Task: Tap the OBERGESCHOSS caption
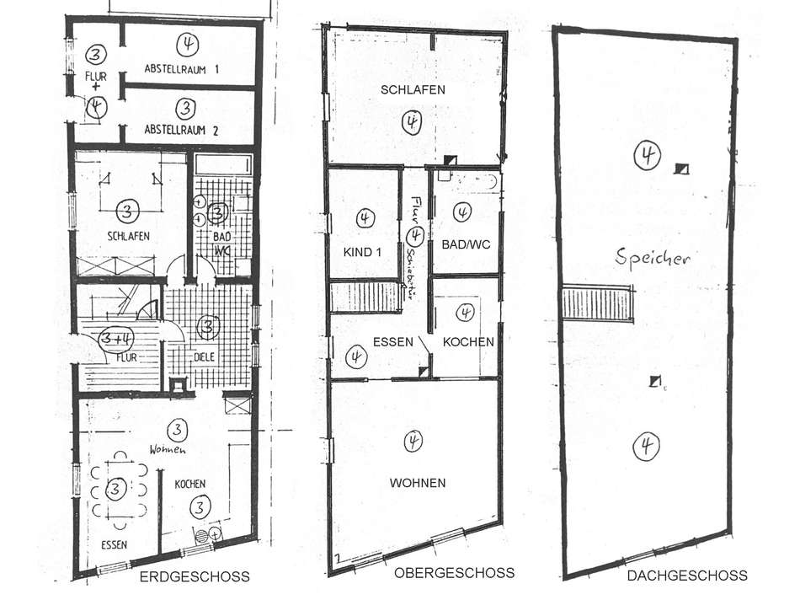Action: click(454, 573)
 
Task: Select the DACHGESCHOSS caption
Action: click(686, 576)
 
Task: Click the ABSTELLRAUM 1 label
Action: click(182, 69)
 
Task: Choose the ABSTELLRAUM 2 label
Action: click(182, 130)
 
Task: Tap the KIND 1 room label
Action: click(363, 252)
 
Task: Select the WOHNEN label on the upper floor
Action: click(417, 483)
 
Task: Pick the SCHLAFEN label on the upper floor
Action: click(413, 89)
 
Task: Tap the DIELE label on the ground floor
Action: click(205, 356)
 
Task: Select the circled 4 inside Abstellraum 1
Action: click(187, 43)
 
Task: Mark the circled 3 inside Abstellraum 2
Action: click(187, 108)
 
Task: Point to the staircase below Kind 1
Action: click(364, 297)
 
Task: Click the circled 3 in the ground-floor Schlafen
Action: click(126, 210)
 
